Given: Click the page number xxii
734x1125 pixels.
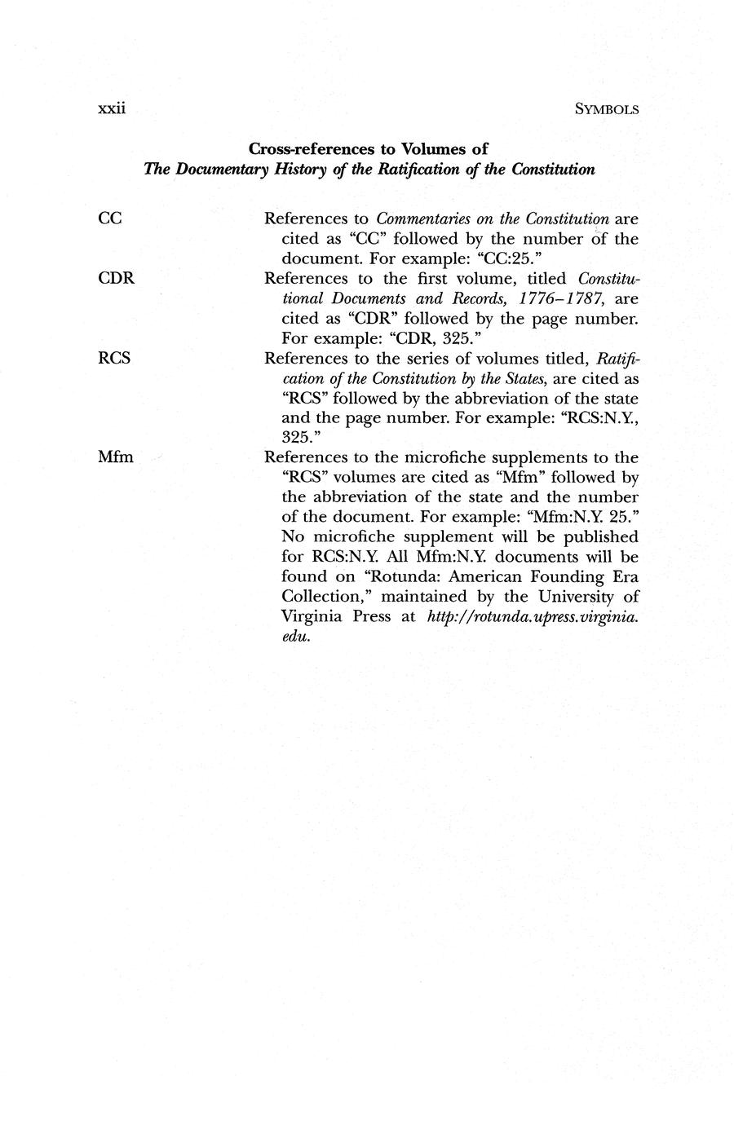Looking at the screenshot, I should click(x=110, y=108).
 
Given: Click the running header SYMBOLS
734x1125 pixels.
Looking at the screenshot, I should click(x=606, y=109).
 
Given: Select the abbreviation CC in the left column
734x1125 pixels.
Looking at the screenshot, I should click(x=109, y=218).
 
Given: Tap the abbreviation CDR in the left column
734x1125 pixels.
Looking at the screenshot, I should click(x=116, y=278).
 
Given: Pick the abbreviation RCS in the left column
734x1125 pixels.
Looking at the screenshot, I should click(x=114, y=358).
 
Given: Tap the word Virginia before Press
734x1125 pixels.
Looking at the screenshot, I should click(x=312, y=616).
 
